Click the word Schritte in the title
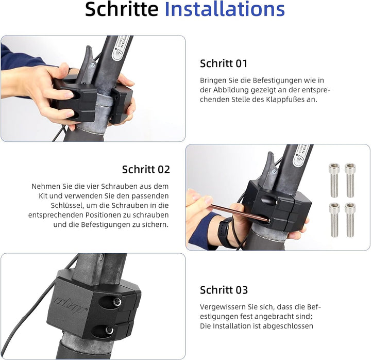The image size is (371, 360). (x=122, y=10)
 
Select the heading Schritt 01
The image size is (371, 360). (x=224, y=63)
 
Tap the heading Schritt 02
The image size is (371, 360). (x=146, y=169)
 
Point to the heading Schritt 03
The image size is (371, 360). (x=224, y=289)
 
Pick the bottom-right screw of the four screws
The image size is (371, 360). (x=350, y=219)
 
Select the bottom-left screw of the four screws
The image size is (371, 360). (x=334, y=219)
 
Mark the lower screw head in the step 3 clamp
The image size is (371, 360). (x=109, y=330)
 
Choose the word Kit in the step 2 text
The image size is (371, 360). (x=44, y=197)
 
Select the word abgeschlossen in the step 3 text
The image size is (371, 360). (x=289, y=325)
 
